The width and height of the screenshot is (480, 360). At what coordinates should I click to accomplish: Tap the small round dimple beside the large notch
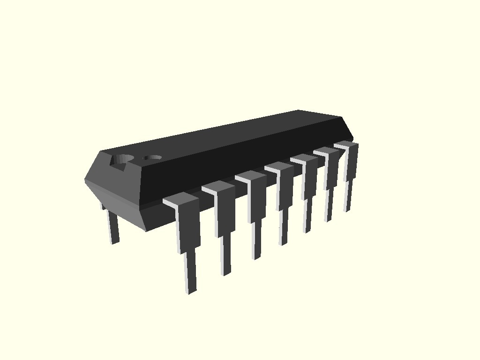(x=152, y=157)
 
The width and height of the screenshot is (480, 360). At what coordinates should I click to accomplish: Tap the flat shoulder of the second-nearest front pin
(x=218, y=187)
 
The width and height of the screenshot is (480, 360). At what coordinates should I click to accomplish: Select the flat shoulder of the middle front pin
(x=279, y=166)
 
